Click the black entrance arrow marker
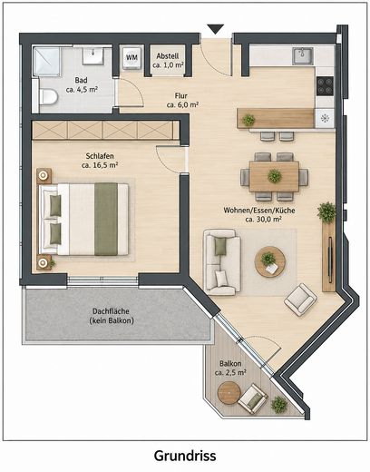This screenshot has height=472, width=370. click(216, 29)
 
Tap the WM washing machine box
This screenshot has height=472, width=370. click(131, 57)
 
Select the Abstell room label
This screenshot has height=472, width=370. click(168, 56)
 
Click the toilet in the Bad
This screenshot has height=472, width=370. click(48, 96)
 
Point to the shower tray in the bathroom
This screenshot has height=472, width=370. click(47, 62)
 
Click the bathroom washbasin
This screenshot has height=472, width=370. click(93, 55)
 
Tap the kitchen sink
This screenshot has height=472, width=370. click(303, 55)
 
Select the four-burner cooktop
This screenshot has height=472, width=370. click(325, 86)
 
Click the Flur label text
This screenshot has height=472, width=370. click(181, 95)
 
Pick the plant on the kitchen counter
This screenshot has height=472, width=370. click(248, 120)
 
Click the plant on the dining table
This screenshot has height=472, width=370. click(275, 176)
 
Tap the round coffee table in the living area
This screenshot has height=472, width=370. click(270, 261)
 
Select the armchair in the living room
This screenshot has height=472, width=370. click(300, 300)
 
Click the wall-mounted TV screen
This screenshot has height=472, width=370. click(330, 261)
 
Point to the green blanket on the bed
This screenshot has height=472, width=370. click(106, 219)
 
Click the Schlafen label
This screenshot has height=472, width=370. click(100, 156)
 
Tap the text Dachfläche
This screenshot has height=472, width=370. click(111, 311)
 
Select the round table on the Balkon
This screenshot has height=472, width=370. click(229, 393)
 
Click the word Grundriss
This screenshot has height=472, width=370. click(185, 456)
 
